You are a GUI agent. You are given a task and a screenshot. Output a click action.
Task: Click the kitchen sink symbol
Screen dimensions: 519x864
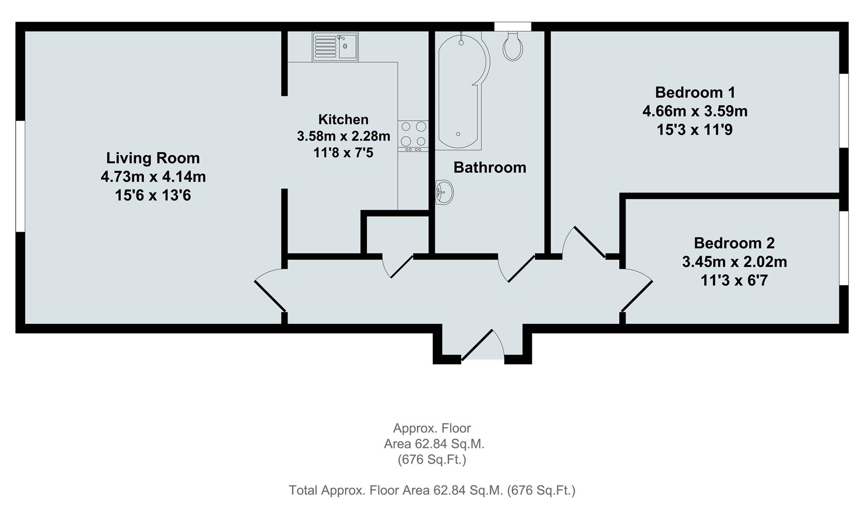pyautogui.click(x=335, y=47)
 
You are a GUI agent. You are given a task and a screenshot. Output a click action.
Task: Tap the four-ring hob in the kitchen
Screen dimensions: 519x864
pyautogui.click(x=413, y=134)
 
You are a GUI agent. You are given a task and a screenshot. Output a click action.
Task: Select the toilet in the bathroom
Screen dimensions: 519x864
pyautogui.click(x=513, y=47)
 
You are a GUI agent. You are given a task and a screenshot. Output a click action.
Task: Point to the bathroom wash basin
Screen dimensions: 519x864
pyautogui.click(x=444, y=193)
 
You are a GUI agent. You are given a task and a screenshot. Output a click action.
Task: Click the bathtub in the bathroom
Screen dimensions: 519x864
pyautogui.click(x=461, y=91)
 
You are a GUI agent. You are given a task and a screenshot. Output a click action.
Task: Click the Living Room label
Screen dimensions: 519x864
pyautogui.click(x=153, y=158)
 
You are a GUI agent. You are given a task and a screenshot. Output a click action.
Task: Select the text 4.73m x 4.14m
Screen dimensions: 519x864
pyautogui.click(x=153, y=177)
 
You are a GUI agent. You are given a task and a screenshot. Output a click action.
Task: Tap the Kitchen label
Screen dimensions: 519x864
pyautogui.click(x=343, y=119)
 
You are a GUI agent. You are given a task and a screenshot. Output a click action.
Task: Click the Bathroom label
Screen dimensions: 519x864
pyautogui.click(x=489, y=167)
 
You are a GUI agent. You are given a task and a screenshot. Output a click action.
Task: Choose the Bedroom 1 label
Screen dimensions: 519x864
pyautogui.click(x=695, y=92)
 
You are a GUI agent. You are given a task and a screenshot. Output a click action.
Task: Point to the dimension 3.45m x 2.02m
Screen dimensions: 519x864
pyautogui.click(x=734, y=262)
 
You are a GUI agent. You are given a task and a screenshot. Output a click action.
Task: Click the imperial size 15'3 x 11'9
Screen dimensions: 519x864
pyautogui.click(x=695, y=130)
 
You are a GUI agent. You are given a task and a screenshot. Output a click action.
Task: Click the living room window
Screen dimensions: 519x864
pyautogui.click(x=20, y=176)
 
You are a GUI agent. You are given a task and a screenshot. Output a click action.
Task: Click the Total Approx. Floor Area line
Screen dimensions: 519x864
pyautogui.click(x=432, y=490)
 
